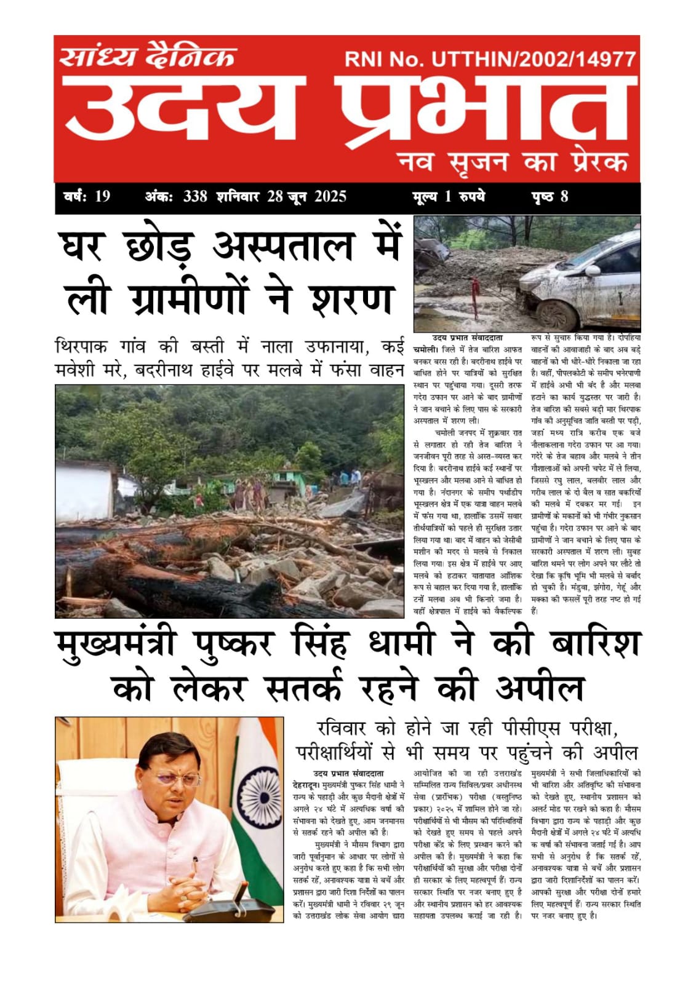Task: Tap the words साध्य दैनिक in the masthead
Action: click(x=148, y=57)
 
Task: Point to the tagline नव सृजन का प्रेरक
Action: click(x=513, y=162)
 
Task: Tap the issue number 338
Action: click(x=195, y=197)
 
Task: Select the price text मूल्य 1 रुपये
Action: click(x=449, y=197)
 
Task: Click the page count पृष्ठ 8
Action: click(x=550, y=197)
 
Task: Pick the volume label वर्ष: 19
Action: click(x=87, y=197)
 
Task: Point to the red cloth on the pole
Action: click(x=476, y=295)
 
